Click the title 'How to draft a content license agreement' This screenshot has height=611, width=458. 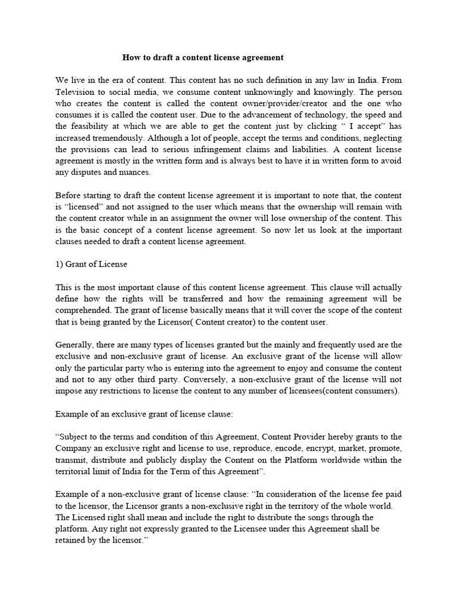pyautogui.click(x=203, y=58)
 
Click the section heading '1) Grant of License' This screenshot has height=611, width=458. pyautogui.click(x=91, y=264)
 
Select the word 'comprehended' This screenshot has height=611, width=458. pyautogui.click(x=84, y=310)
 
